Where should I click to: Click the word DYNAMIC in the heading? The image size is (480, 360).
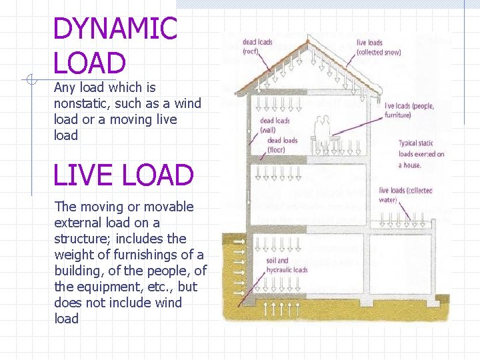pyautogui.click(x=115, y=29)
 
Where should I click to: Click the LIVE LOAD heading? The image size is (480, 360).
pyautogui.click(x=123, y=175)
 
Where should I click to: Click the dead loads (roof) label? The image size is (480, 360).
pyautogui.click(x=257, y=47)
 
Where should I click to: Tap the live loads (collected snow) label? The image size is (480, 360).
pyautogui.click(x=378, y=47)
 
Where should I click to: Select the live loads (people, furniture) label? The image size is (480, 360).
pyautogui.click(x=409, y=111)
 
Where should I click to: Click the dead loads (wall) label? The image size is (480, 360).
pyautogui.click(x=275, y=125)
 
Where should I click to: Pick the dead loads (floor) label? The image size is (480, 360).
pyautogui.click(x=282, y=145)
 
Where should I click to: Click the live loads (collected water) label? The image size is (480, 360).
pyautogui.click(x=405, y=195)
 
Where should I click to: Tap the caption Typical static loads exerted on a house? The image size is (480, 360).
pyautogui.click(x=421, y=154)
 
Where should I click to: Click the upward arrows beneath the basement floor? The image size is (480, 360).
pyautogui.click(x=282, y=309)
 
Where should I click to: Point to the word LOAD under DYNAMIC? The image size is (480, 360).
pyautogui.click(x=89, y=63)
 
